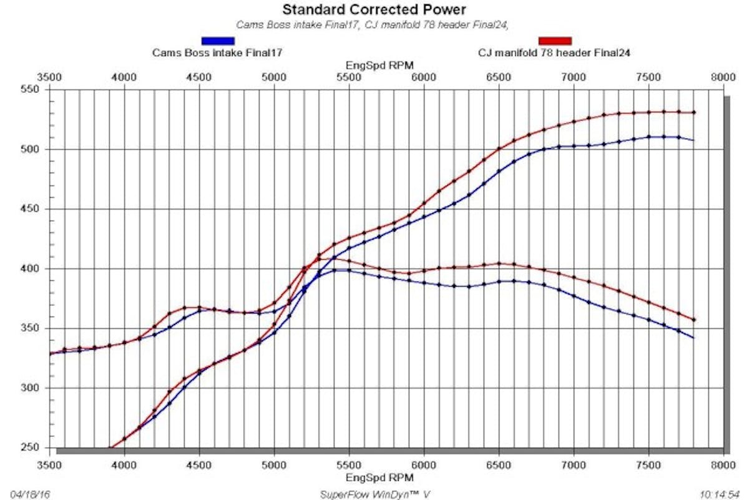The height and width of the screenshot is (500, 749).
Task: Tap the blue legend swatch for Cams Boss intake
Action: [x=218, y=41]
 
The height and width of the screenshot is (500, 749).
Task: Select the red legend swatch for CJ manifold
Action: [x=555, y=41]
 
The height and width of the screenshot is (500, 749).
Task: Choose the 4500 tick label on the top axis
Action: [x=199, y=77]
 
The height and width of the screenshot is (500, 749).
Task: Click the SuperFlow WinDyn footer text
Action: [x=374, y=494]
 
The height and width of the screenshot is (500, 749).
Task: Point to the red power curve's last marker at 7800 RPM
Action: [x=693, y=112]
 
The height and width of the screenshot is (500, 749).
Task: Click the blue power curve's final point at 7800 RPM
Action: [x=693, y=140]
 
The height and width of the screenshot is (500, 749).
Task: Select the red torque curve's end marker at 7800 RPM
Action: [x=693, y=320]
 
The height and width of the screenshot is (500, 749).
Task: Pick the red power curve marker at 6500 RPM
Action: [x=499, y=149]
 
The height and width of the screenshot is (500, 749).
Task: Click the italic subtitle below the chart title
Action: [x=374, y=25]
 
